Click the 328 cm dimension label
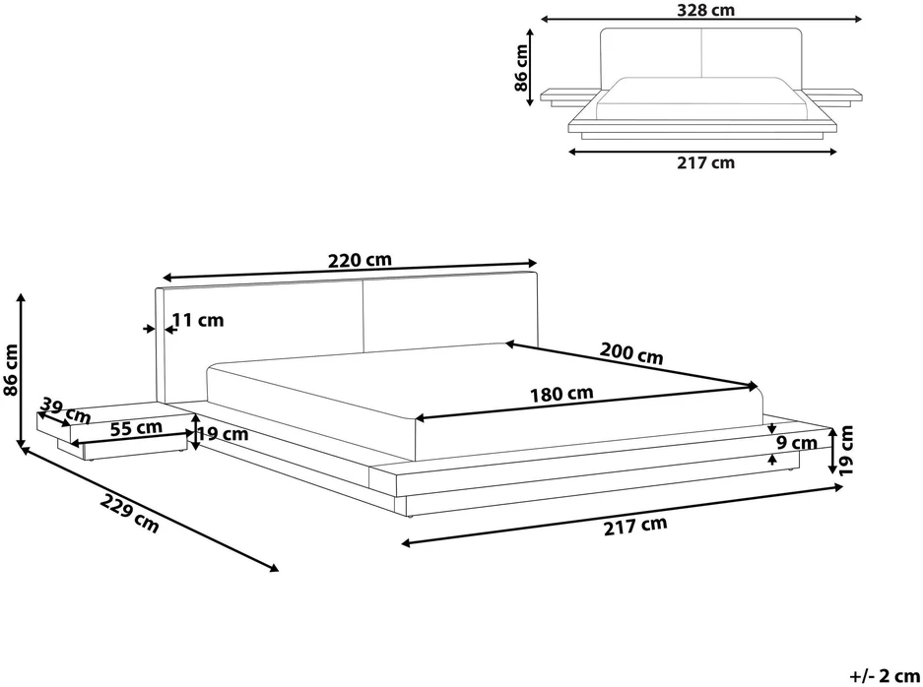pyautogui.click(x=705, y=10)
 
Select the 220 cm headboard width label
pyautogui.click(x=360, y=260)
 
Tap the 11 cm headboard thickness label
pyautogui.click(x=198, y=320)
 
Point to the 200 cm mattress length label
pyautogui.click(x=631, y=353)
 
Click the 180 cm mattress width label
pyautogui.click(x=561, y=394)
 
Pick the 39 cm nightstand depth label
pyautogui.click(x=66, y=410)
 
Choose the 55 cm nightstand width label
pyautogui.click(x=136, y=427)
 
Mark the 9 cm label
pyautogui.click(x=797, y=443)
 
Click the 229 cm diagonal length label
pyautogui.click(x=130, y=514)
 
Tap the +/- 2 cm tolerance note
pyautogui.click(x=885, y=674)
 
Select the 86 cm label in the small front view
pyautogui.click(x=521, y=68)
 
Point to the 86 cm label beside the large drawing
pyautogui.click(x=11, y=369)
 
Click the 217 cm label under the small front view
pyautogui.click(x=705, y=162)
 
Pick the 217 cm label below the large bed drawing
pyautogui.click(x=635, y=526)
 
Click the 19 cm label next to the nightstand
pyautogui.click(x=223, y=434)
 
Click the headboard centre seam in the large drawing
pyautogui.click(x=363, y=316)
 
